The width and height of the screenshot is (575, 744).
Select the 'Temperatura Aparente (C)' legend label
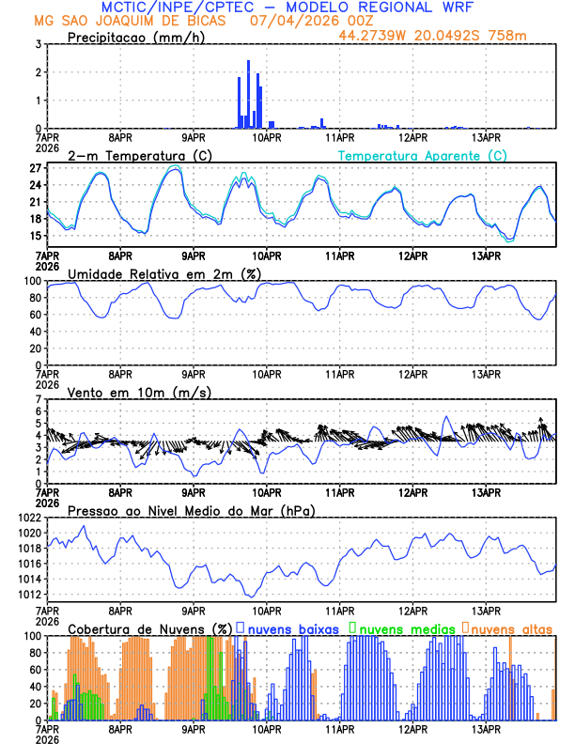[423, 155]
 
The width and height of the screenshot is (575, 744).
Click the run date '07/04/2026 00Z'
[299, 20]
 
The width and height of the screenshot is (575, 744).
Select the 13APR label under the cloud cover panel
[485, 728]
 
